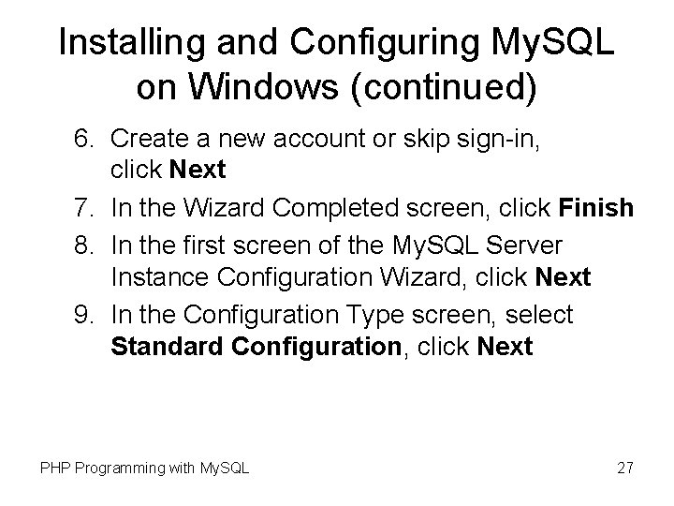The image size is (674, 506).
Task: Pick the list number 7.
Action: [x=84, y=206]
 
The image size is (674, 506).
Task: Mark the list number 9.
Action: [x=84, y=313]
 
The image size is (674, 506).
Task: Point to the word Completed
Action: [x=315, y=206]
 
